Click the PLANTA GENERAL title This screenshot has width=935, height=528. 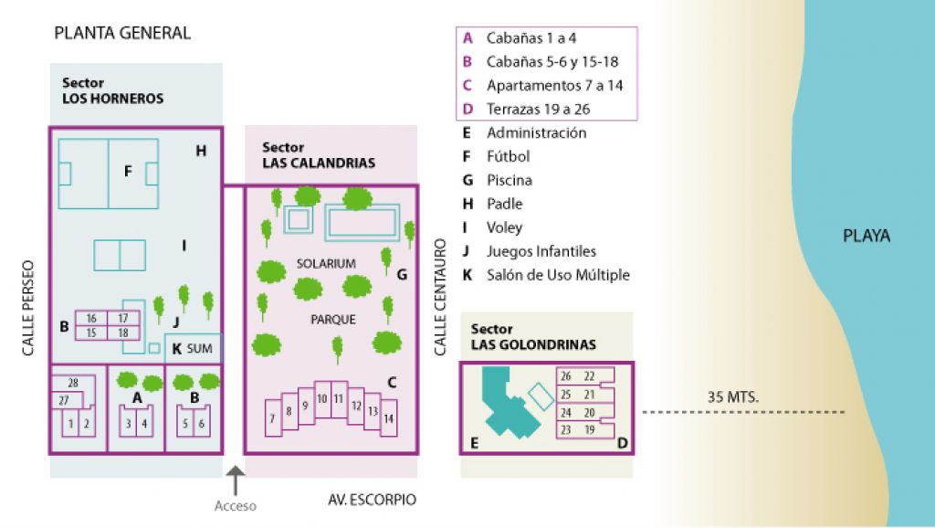pyautogui.click(x=122, y=34)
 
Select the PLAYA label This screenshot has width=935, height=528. pyautogui.click(x=866, y=237)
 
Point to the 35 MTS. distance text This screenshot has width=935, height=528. pyautogui.click(x=733, y=397)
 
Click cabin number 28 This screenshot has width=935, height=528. pyautogui.click(x=72, y=383)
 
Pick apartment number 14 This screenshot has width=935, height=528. pyautogui.click(x=389, y=419)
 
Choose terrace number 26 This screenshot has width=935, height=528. pyautogui.click(x=566, y=376)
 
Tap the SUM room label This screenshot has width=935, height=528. pyautogui.click(x=199, y=349)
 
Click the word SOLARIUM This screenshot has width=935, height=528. pyautogui.click(x=326, y=263)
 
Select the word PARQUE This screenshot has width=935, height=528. pyautogui.click(x=333, y=320)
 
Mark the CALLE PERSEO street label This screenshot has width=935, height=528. pyautogui.click(x=27, y=309)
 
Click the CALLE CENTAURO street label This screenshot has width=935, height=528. pyautogui.click(x=439, y=297)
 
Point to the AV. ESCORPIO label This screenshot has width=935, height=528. pyautogui.click(x=372, y=500)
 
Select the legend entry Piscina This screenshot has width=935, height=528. pyautogui.click(x=510, y=180)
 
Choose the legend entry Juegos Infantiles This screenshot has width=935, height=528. pyautogui.click(x=541, y=251)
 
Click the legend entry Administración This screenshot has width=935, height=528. pyautogui.click(x=536, y=132)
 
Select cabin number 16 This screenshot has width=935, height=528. pyautogui.click(x=91, y=318)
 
